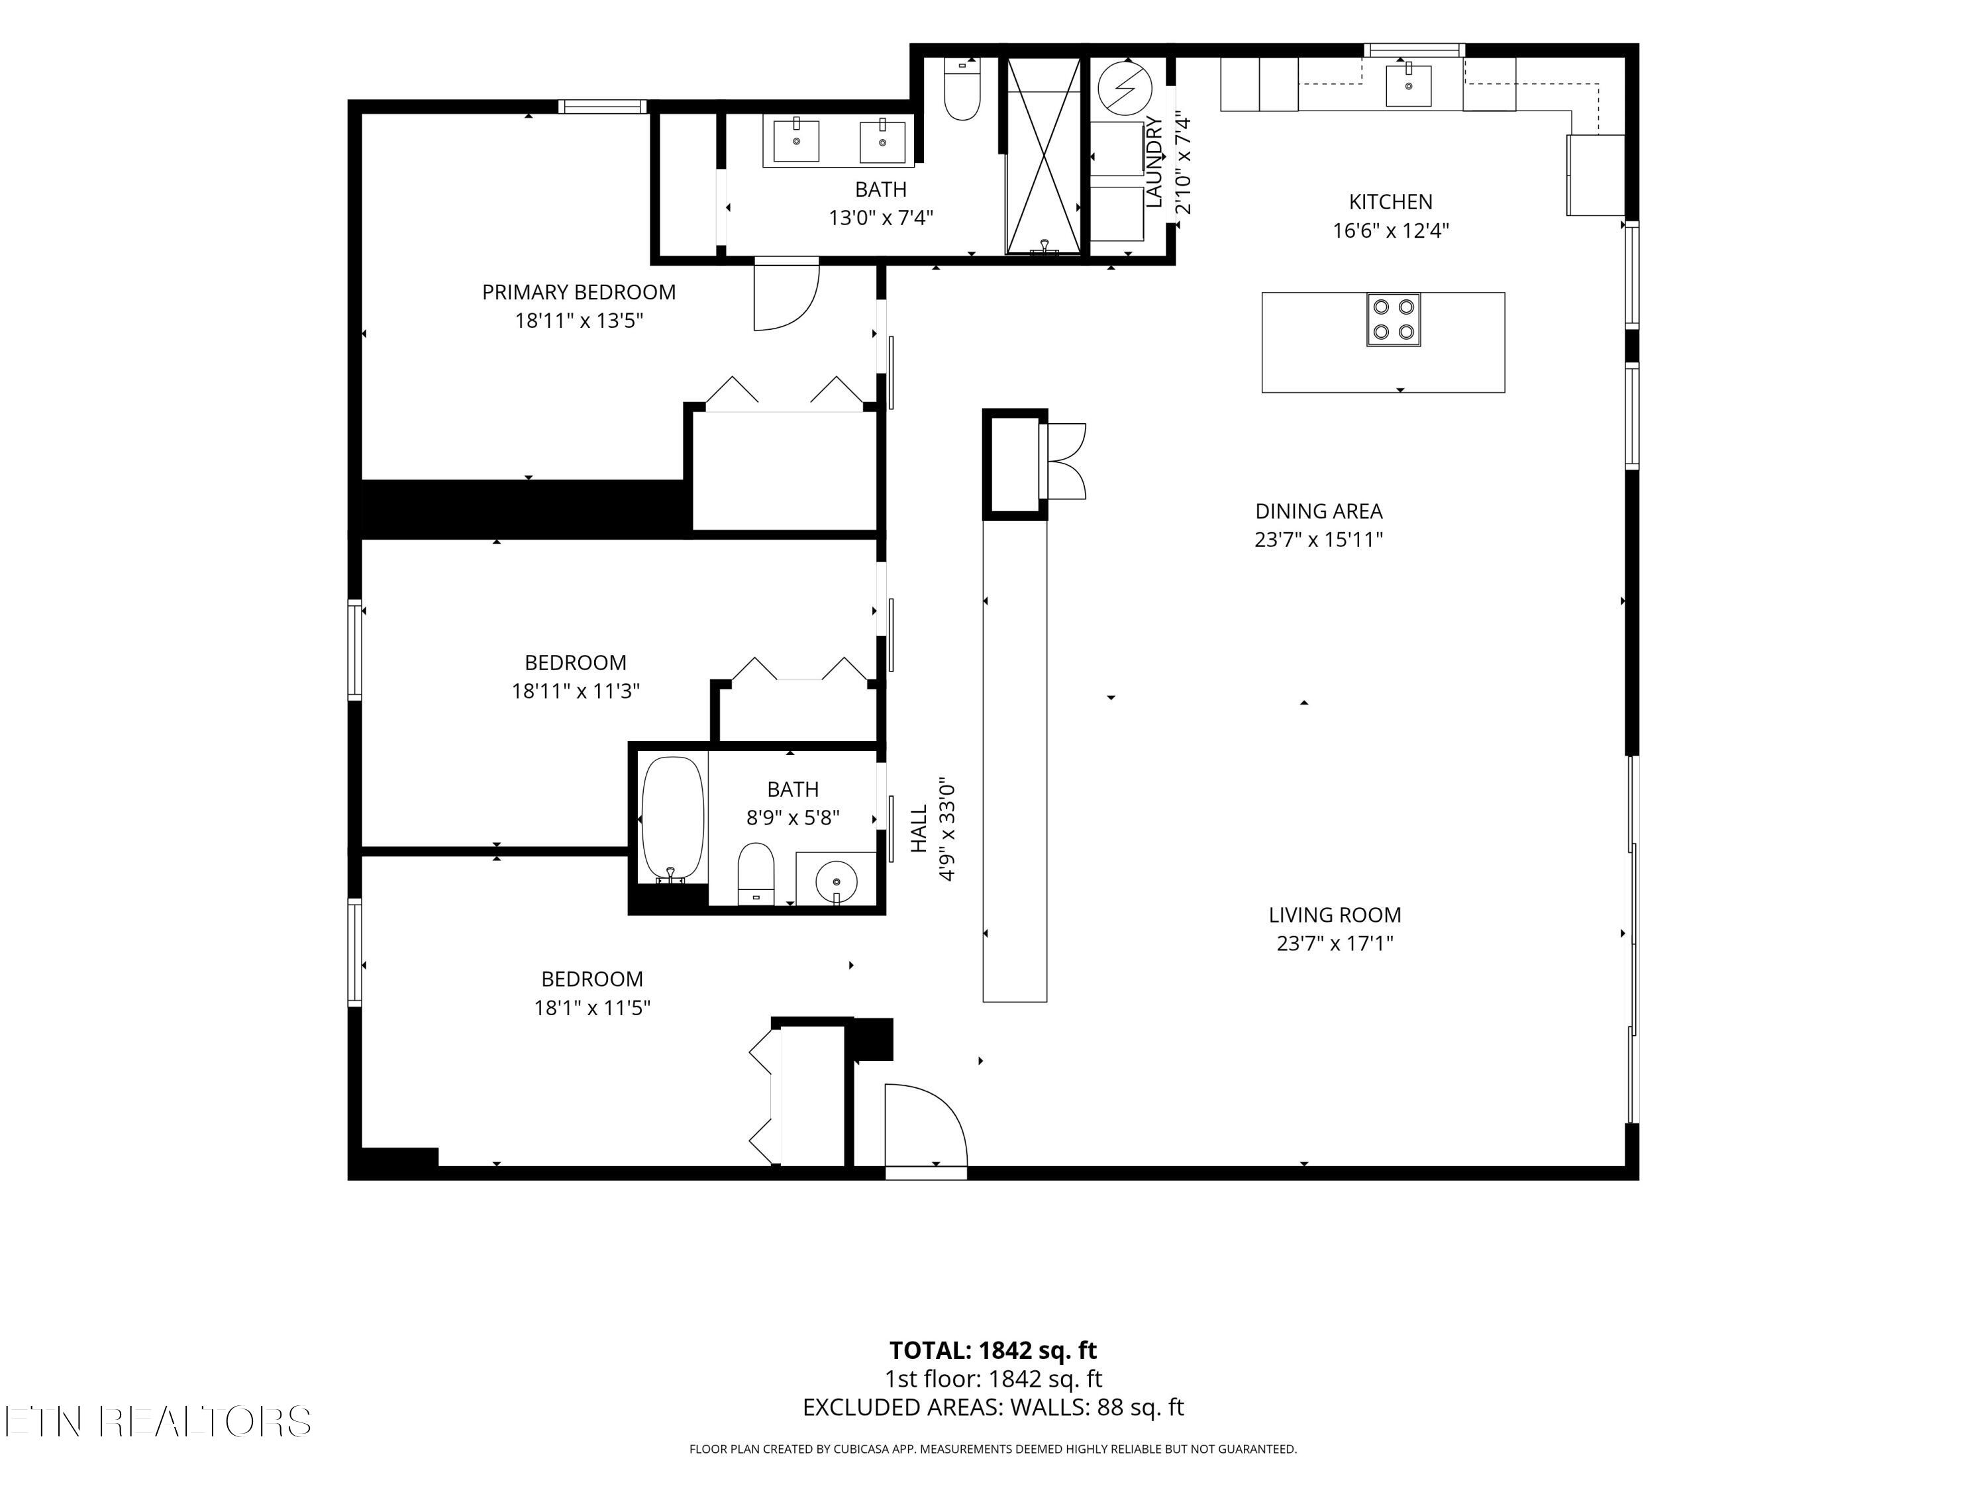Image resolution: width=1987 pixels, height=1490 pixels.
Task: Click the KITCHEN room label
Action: (1390, 202)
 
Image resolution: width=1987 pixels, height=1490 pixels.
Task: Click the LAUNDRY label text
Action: (1154, 162)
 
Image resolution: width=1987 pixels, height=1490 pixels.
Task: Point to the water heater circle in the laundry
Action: (1125, 88)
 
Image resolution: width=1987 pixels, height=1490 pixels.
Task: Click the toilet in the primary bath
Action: (962, 88)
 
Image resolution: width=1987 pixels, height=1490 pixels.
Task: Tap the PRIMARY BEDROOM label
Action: (578, 292)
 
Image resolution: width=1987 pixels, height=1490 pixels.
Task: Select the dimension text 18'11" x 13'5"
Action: (578, 321)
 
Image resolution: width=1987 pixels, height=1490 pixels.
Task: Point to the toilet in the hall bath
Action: (756, 873)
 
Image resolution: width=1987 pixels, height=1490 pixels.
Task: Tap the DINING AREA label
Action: (1319, 511)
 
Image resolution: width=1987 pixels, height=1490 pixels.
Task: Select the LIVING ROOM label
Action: (1335, 915)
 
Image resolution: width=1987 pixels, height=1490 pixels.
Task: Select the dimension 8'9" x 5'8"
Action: (793, 819)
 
